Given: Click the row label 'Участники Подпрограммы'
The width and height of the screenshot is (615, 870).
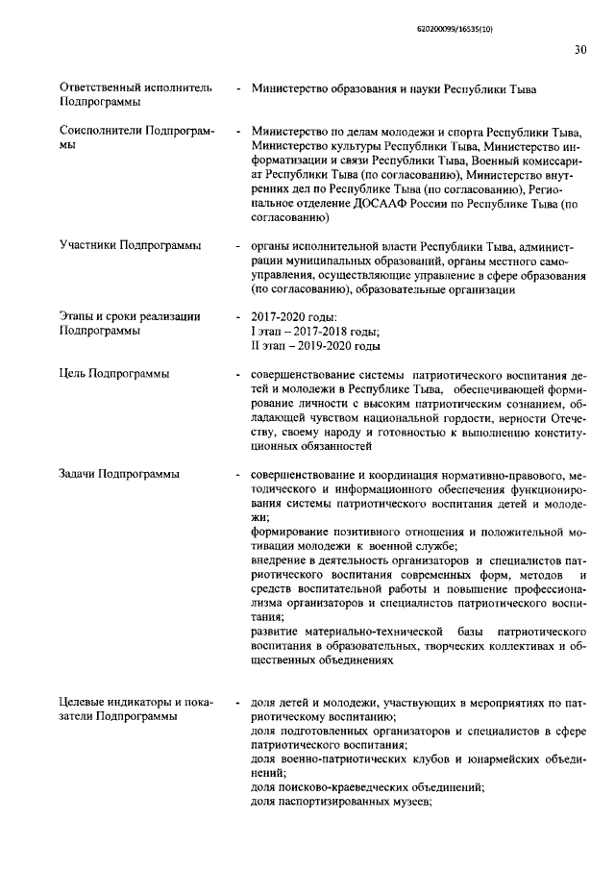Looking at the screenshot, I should pyautogui.click(x=130, y=245).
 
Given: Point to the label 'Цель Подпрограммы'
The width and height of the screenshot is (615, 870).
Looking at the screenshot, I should pyautogui.click(x=114, y=373).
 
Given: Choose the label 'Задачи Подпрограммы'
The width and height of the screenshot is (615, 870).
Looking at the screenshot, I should pyautogui.click(x=119, y=474).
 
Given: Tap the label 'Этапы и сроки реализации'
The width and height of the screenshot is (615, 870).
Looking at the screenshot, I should pyautogui.click(x=129, y=316).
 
